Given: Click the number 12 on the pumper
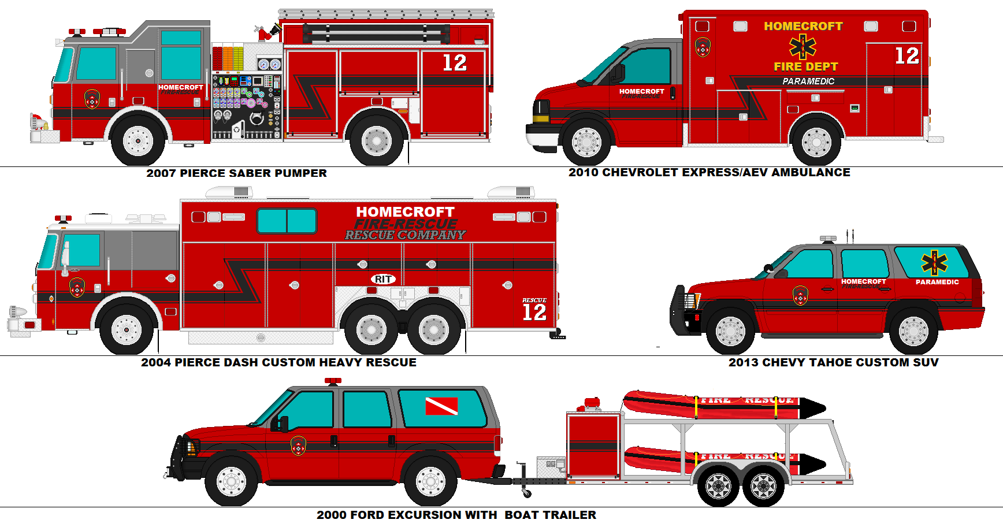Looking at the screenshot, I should pos(454,63).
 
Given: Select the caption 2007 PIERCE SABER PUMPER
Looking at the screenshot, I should pos(236,173).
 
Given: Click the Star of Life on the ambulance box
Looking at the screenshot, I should pos(803,46).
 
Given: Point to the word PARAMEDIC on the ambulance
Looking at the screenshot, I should pos(808,81).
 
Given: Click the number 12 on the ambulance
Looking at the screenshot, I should pos(907,56).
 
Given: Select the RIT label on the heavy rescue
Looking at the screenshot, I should pos(382,280).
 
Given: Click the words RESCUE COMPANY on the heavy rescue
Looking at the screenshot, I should pos(404,235).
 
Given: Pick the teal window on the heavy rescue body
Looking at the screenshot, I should pos(287,221).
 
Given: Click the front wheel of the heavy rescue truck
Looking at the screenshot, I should pos(127,330).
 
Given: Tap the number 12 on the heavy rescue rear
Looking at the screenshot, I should pos(534,313).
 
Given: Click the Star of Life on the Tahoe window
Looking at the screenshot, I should pos(934,263).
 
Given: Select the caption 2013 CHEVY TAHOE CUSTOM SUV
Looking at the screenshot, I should pos(833,362).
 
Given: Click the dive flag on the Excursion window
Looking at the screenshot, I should pos(441,406).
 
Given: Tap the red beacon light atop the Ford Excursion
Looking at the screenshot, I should pos(333,381).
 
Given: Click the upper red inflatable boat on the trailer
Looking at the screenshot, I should pos(722,404).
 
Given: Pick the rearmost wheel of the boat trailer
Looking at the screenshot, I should pos(763,486).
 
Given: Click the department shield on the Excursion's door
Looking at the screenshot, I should pos(298,446).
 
